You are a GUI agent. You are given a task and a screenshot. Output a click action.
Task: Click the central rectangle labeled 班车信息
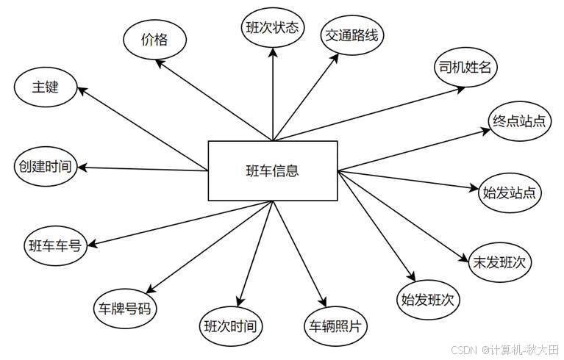pyautogui.click(x=273, y=170)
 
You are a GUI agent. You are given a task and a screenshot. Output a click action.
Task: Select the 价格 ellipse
pyautogui.click(x=154, y=40)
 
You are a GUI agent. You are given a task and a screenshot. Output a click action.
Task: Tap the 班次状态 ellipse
pyautogui.click(x=272, y=29)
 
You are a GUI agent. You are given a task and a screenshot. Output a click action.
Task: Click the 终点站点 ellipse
pyautogui.click(x=519, y=121)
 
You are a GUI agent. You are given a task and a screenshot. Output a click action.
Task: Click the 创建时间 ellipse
pyautogui.click(x=45, y=166)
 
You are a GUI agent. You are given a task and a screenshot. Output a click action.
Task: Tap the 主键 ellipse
pyautogui.click(x=45, y=87)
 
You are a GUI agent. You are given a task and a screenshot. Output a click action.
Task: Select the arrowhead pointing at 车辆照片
pyautogui.click(x=321, y=302)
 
